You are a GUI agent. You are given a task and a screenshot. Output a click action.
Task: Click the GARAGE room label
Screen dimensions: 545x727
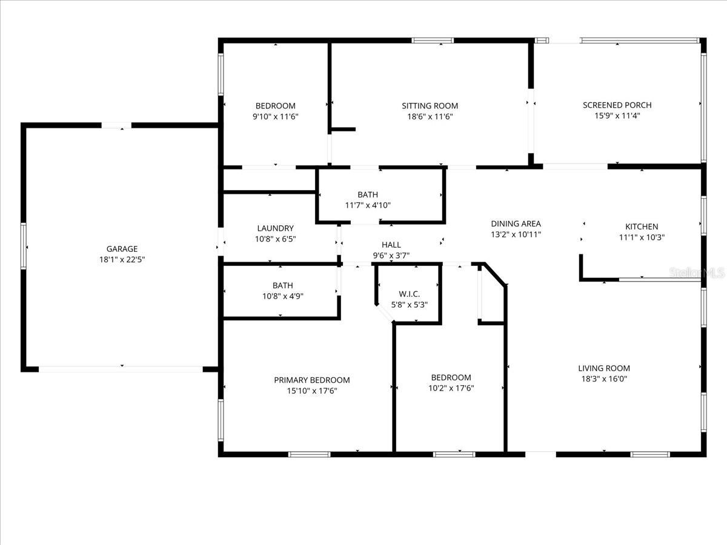pyautogui.click(x=122, y=249)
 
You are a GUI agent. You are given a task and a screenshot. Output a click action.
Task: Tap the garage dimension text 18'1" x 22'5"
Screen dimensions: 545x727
pyautogui.click(x=122, y=259)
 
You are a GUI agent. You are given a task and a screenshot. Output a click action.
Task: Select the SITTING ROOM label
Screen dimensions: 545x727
pyautogui.click(x=430, y=106)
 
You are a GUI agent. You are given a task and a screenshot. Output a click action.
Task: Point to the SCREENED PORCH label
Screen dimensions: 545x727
pyautogui.click(x=617, y=105)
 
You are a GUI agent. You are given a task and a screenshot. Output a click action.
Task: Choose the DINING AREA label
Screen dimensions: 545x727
pyautogui.click(x=516, y=224)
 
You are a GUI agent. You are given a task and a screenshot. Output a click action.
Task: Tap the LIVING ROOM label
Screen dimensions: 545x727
pyautogui.click(x=603, y=368)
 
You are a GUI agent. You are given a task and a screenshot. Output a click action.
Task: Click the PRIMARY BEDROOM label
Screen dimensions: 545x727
pyautogui.click(x=311, y=380)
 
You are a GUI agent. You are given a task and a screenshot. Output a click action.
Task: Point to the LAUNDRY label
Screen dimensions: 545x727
pyautogui.click(x=275, y=228)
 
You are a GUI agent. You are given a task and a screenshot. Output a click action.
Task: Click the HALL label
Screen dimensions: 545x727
pyautogui.click(x=391, y=245)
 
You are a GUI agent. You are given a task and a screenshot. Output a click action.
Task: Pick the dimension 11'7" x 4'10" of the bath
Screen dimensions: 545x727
pyautogui.click(x=368, y=205)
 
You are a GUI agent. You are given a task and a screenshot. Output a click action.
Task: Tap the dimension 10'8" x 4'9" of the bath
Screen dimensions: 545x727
pyautogui.click(x=282, y=296)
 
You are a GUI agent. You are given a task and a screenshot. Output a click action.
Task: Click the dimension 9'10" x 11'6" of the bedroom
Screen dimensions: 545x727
pyautogui.click(x=275, y=116)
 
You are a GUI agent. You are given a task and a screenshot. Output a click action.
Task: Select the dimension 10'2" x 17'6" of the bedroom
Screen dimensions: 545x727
pyautogui.click(x=451, y=388)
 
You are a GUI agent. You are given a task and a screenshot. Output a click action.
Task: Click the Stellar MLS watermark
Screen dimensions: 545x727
pyautogui.click(x=697, y=274)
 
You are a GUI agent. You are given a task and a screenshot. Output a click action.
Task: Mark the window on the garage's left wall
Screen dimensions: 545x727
pyautogui.click(x=24, y=246)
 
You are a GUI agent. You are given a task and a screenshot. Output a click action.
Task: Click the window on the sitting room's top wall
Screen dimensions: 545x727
pyautogui.click(x=433, y=41)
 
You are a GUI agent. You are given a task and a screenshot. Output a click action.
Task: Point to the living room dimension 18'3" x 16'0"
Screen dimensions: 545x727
pyautogui.click(x=603, y=379)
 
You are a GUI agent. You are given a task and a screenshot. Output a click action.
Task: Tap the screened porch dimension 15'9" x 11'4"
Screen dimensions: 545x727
pyautogui.click(x=617, y=116)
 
